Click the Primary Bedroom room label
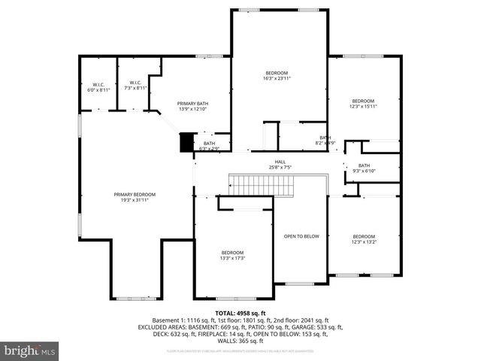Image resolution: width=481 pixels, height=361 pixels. click(x=135, y=194)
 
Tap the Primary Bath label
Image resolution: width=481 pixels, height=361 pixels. click(x=192, y=103)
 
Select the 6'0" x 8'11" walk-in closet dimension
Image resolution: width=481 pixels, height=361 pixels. click(x=98, y=89)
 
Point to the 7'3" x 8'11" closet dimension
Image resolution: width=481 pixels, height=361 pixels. click(x=136, y=88)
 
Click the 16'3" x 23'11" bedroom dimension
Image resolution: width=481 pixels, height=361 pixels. click(x=277, y=78)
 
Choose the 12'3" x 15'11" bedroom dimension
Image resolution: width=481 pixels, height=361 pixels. click(x=364, y=107)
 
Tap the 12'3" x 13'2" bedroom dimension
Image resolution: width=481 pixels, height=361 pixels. click(x=364, y=242)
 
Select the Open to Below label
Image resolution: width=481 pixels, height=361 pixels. click(x=301, y=236)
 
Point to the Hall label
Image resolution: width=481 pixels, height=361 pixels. click(x=280, y=162)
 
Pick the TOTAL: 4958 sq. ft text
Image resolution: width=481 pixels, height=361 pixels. click(x=240, y=313)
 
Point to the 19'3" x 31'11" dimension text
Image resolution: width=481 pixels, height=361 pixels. click(x=135, y=200)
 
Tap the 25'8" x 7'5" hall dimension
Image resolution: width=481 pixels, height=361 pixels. click(x=280, y=168)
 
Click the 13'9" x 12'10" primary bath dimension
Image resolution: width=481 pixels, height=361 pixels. click(x=192, y=109)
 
